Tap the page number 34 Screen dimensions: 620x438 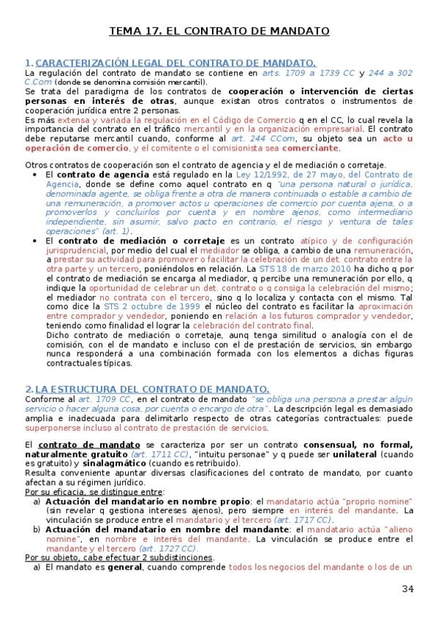(x=408, y=589)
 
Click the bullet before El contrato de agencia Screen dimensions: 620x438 (x=37, y=176)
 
